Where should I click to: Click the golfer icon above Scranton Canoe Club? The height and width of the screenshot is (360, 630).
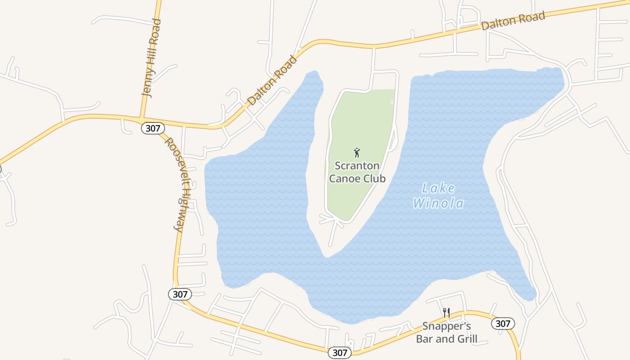[x=357, y=153]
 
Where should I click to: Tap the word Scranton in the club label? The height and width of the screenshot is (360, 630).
[x=357, y=166]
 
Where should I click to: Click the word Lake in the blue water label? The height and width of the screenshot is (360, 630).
[x=438, y=189]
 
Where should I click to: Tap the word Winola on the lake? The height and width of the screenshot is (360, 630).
[x=438, y=203]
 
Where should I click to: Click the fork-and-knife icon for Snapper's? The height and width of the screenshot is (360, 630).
[x=446, y=313]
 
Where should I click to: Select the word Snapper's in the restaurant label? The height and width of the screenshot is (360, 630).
[x=446, y=326]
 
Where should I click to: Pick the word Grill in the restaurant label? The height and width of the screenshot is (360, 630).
[x=466, y=339]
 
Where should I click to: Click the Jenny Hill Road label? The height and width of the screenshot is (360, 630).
[x=151, y=58]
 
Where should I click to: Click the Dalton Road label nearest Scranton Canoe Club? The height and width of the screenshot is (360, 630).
[x=273, y=80]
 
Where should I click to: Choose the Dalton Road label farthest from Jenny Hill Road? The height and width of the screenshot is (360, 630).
[x=513, y=21]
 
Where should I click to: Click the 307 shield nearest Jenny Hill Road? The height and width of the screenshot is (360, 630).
[x=153, y=128]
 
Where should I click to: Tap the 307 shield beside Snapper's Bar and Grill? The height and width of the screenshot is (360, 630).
[x=503, y=324]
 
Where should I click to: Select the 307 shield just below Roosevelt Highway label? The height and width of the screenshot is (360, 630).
[x=180, y=294]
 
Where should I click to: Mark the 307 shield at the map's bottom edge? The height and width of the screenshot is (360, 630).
[x=340, y=353]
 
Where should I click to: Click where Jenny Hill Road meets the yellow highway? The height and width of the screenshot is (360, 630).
[x=141, y=119]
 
